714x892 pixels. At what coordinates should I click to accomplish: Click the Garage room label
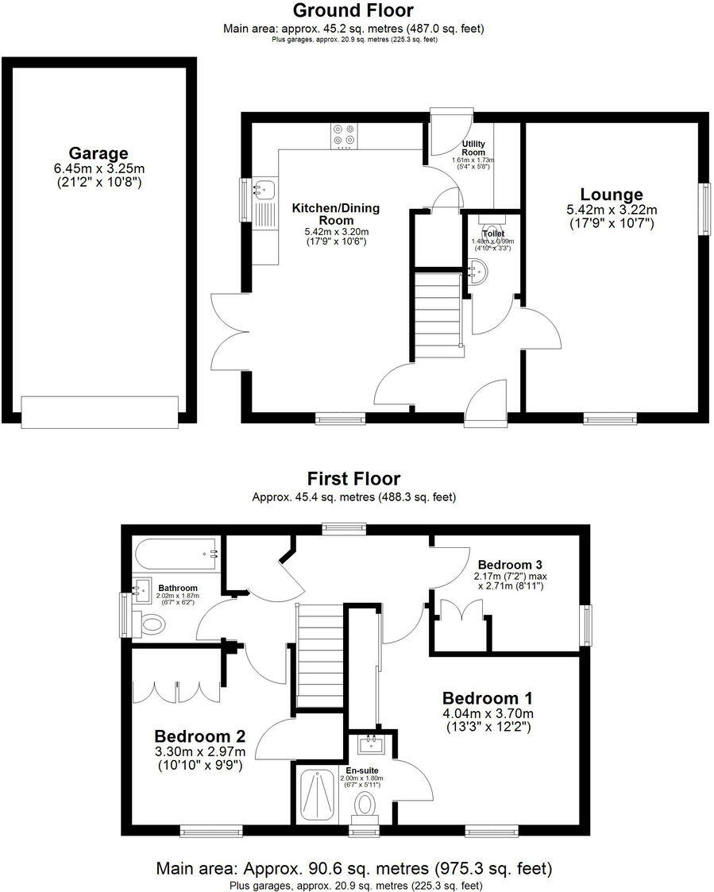pyautogui.click(x=98, y=153)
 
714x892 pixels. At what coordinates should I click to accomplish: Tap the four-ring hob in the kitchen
pyautogui.click(x=345, y=136)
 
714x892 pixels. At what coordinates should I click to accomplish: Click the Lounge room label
pyautogui.click(x=611, y=195)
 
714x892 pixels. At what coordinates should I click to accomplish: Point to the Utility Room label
pyautogui.click(x=473, y=149)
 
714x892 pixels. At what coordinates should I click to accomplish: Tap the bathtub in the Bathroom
pyautogui.click(x=176, y=550)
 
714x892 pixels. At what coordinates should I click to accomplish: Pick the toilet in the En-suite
pyautogui.click(x=365, y=805)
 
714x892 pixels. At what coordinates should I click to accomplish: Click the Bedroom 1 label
pyautogui.click(x=487, y=697)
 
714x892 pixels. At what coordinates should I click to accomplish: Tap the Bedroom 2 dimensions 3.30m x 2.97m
pyautogui.click(x=199, y=751)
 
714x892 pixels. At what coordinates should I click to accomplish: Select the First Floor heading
pyautogui.click(x=353, y=478)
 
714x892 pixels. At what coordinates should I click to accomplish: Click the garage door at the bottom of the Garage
pyautogui.click(x=99, y=411)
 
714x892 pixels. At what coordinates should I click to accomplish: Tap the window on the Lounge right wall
pyautogui.click(x=704, y=209)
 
